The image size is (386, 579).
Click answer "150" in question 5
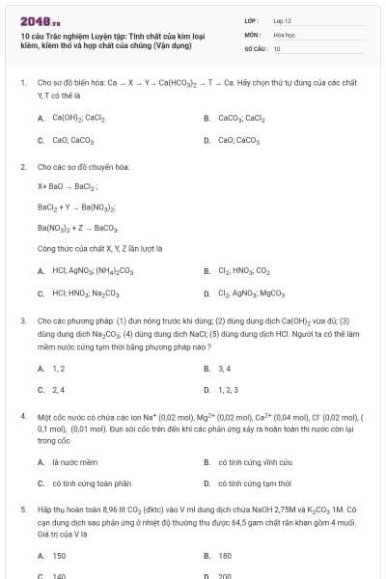pyautogui.click(x=59, y=555)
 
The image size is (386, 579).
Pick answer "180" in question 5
pyautogui.click(x=226, y=555)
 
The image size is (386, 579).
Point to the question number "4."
pyautogui.click(x=23, y=416)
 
